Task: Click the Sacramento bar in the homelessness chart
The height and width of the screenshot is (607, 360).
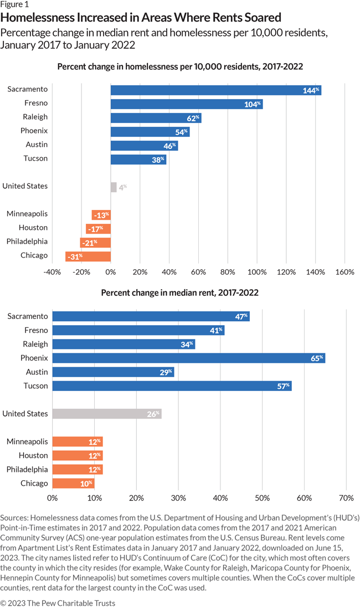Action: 215,90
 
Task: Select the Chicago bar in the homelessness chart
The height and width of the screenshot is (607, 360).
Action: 88,256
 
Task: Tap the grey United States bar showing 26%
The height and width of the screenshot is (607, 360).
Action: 106,414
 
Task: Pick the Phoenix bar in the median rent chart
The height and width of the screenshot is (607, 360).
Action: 188,358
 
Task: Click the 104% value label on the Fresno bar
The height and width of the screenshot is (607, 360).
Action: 253,104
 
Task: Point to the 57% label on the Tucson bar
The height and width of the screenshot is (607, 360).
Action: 282,386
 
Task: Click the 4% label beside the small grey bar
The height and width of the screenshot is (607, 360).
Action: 122,187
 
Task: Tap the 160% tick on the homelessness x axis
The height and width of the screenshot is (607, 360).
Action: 344,272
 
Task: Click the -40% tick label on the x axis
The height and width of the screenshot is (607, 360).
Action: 52,272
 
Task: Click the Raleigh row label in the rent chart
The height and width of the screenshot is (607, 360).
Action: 35,344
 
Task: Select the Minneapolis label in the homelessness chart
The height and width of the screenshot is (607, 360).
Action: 27,214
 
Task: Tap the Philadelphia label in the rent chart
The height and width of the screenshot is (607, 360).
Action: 27,469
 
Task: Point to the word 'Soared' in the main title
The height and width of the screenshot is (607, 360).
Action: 260,18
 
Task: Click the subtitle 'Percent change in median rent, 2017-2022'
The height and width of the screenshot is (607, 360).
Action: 179,292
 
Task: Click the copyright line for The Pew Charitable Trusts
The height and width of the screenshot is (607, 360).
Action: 58,598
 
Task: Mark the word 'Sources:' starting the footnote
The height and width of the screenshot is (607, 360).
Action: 17,517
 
